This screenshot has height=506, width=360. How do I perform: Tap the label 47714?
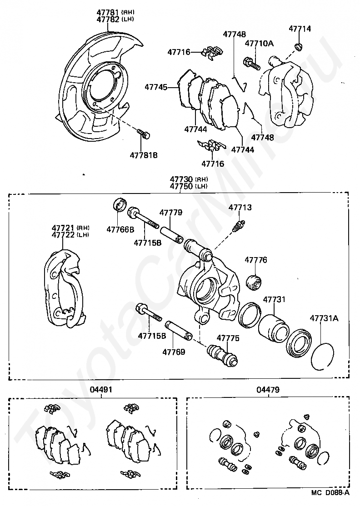(x=300, y=29)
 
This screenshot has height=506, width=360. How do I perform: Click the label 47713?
(x=240, y=208)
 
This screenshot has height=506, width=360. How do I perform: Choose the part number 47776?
(x=256, y=260)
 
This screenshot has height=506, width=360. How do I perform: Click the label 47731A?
(x=324, y=318)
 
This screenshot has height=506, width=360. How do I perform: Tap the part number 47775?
(x=228, y=338)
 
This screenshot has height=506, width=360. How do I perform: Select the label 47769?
(x=174, y=351)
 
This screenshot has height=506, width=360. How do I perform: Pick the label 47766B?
(x=120, y=229)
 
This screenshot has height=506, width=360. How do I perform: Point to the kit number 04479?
(x=268, y=389)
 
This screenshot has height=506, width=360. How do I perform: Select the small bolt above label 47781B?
(x=144, y=134)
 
